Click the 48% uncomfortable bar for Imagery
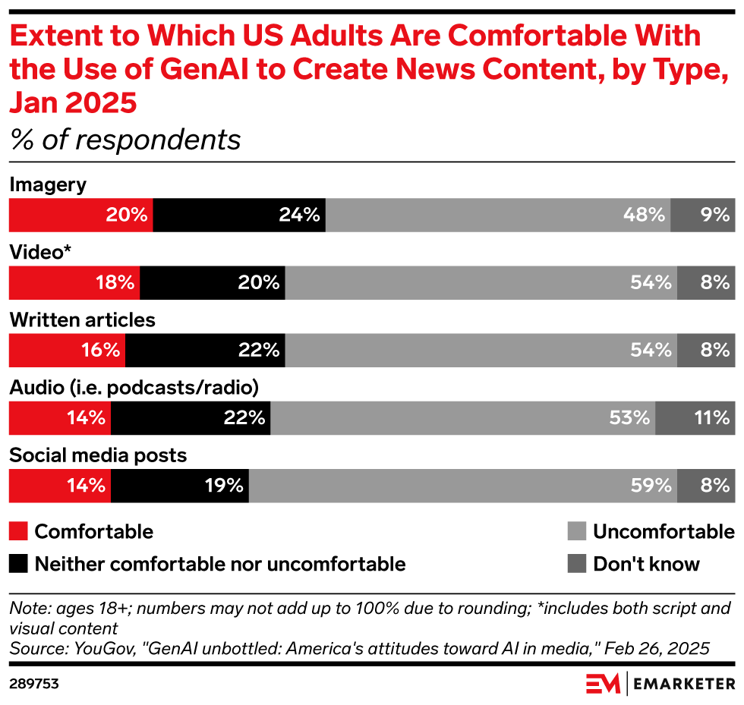click(x=497, y=215)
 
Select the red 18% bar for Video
click(x=74, y=282)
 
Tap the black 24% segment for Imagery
click(x=239, y=215)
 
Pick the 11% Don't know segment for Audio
click(x=695, y=418)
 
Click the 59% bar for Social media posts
click(x=462, y=486)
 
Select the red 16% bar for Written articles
click(x=67, y=351)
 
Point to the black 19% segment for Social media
click(x=180, y=486)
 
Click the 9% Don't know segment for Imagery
click(x=702, y=215)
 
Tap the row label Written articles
click(x=82, y=320)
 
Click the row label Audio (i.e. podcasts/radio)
click(x=134, y=388)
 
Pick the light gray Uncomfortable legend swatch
click(x=576, y=531)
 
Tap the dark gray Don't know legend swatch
click(x=576, y=564)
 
